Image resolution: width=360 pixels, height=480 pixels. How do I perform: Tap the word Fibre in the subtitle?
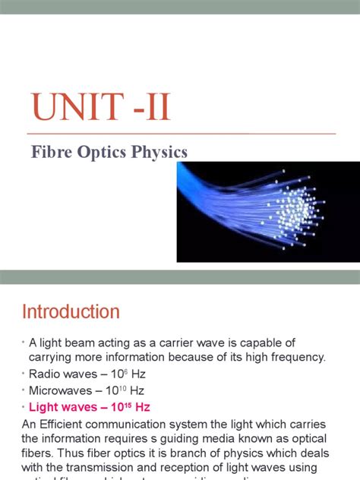coord(49,152)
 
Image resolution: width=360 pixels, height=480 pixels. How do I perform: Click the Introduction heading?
coord(71,312)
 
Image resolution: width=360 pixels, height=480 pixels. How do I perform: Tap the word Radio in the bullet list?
coord(45,374)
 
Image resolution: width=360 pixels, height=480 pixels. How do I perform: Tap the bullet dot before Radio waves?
coord(24,374)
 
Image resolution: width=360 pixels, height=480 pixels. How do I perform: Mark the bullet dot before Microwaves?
coord(24,390)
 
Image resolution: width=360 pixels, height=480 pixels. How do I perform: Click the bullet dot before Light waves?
coord(24,408)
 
